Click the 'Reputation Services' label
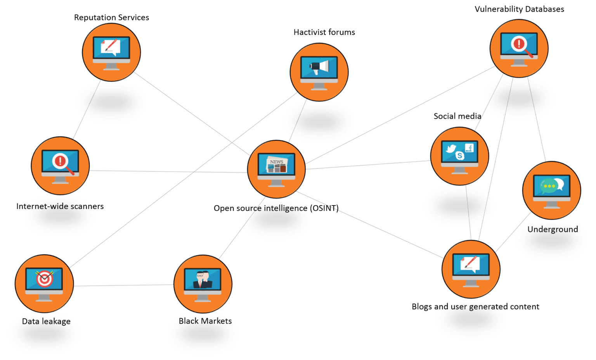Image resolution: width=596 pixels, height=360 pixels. point(111,17)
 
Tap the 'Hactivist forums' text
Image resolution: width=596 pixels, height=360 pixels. point(324,32)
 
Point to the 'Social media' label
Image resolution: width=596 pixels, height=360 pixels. point(457,116)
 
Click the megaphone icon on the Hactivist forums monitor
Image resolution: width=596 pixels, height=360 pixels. point(319,67)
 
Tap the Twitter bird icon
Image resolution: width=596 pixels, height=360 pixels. point(450,149)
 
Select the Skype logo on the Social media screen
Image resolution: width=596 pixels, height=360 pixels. point(460,156)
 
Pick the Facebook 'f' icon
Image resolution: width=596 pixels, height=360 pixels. point(470,147)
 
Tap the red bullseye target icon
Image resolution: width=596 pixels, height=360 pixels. point(44,279)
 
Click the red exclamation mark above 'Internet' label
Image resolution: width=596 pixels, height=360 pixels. point(60,160)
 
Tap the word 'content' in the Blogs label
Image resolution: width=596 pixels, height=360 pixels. point(524,306)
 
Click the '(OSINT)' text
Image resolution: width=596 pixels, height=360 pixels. point(324,208)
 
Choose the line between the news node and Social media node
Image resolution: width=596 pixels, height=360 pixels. point(369,164)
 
